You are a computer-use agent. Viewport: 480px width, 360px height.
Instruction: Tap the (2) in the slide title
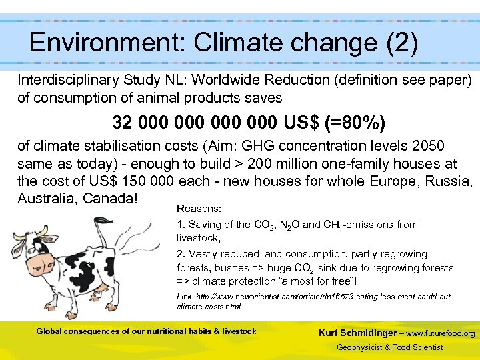pyautogui.click(x=401, y=43)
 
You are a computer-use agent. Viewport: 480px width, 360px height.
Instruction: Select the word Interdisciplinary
pyautogui.click(x=66, y=80)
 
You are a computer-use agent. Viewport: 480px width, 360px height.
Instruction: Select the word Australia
pyautogui.click(x=45, y=199)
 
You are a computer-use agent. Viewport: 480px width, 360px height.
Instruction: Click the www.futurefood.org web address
pyautogui.click(x=441, y=333)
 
